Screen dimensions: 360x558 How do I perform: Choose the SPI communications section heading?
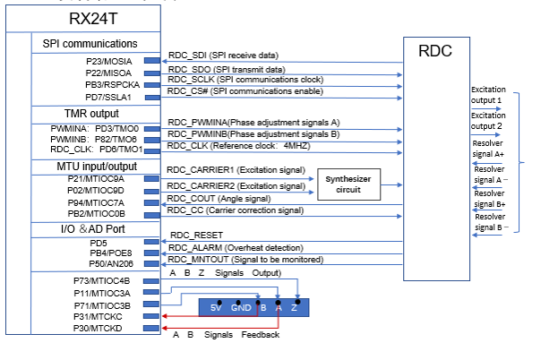coord(90,43)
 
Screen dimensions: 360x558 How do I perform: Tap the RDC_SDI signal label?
coord(218,56)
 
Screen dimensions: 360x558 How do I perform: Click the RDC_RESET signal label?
coord(196,236)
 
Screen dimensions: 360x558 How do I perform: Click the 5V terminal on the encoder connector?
coord(215,308)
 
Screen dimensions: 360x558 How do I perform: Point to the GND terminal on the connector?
coord(241,308)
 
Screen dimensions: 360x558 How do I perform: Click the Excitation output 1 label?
coord(488,96)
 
